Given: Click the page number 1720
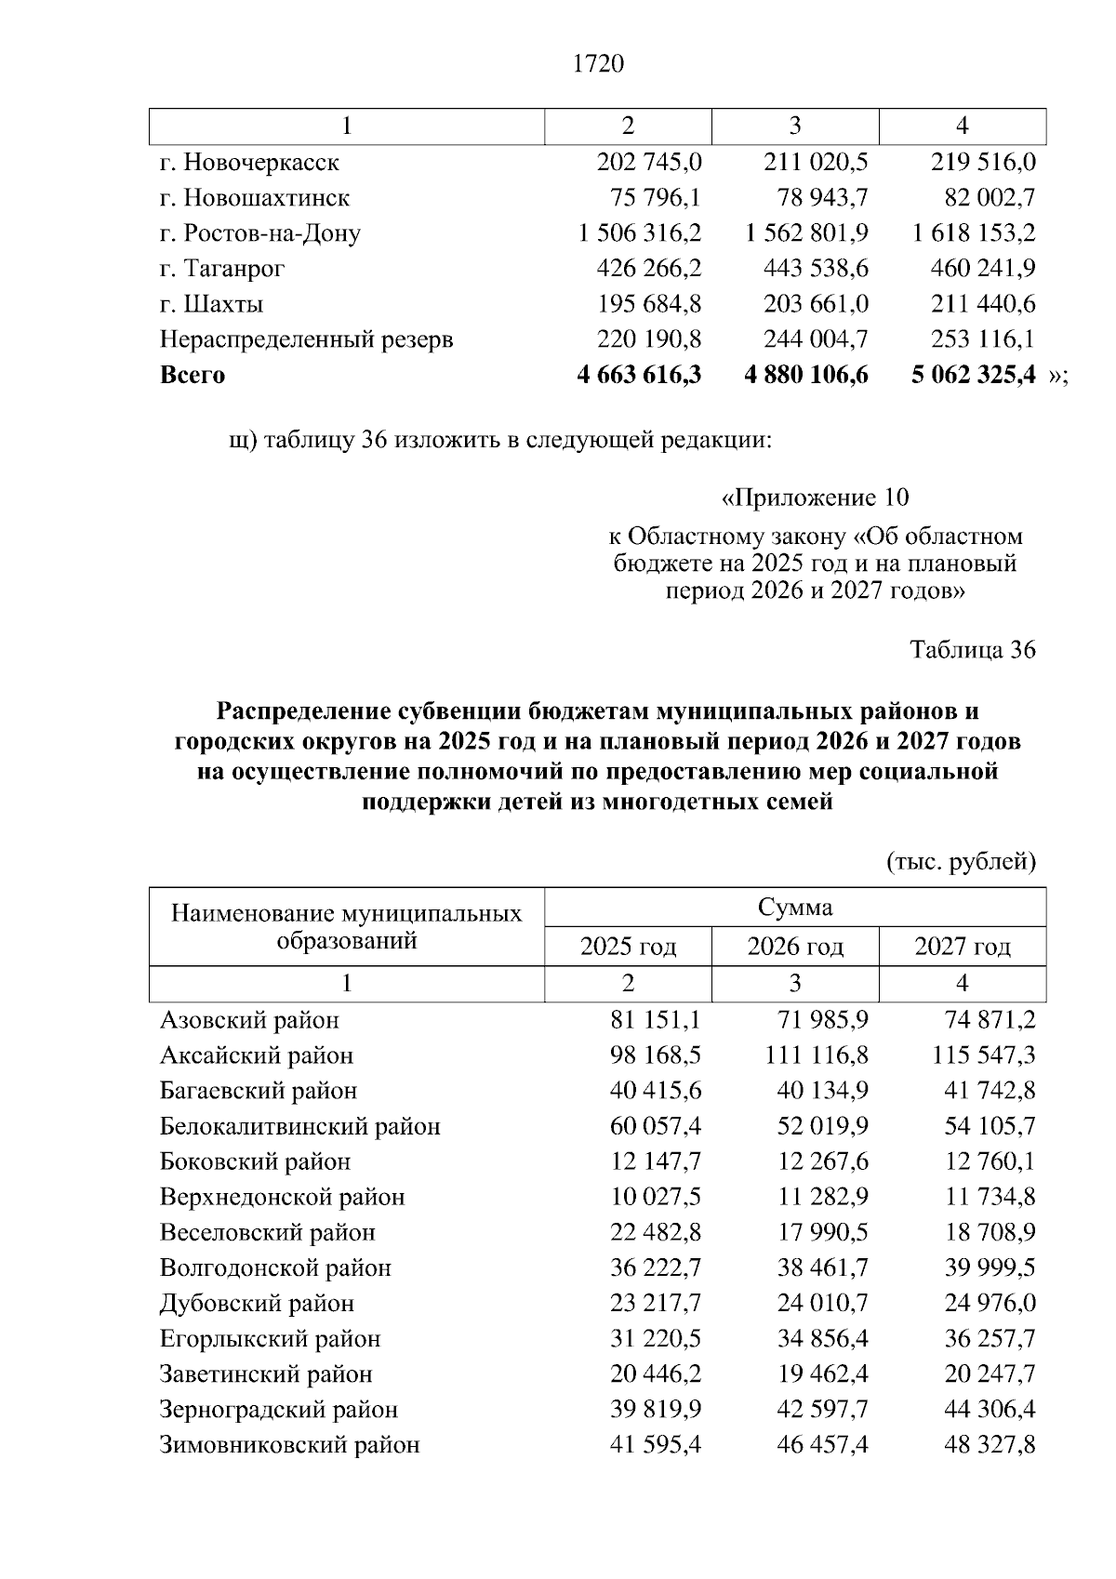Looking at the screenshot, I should (x=599, y=63).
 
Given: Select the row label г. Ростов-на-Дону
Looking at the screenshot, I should (x=259, y=233).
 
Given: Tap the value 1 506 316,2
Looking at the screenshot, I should (x=640, y=233).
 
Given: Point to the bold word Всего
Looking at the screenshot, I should (x=193, y=375).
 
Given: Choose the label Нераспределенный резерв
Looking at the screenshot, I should (x=306, y=339).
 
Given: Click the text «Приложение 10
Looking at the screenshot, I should (x=815, y=498).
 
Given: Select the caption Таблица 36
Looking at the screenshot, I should (x=972, y=649).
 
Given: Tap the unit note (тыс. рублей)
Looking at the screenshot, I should (x=961, y=862).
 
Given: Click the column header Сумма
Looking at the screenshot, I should (x=795, y=907).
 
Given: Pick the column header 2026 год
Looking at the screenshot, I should (x=795, y=947).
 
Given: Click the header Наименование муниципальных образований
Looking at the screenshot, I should (x=346, y=926).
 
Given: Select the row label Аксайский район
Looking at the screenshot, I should (x=257, y=1055).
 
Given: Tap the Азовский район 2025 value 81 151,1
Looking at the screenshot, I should (x=655, y=1020).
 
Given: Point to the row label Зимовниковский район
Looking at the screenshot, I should (x=289, y=1444).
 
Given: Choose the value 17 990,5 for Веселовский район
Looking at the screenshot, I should (x=822, y=1232).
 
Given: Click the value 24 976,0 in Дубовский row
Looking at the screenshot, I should (x=990, y=1303).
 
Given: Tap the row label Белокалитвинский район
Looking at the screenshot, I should (x=299, y=1126).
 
